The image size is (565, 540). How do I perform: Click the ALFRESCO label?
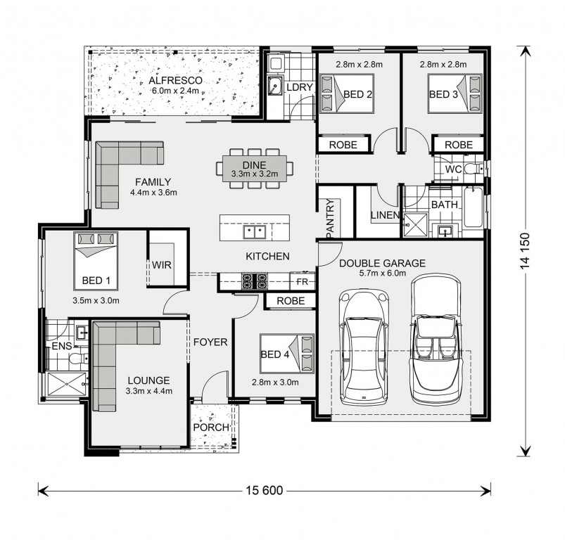(x=175, y=81)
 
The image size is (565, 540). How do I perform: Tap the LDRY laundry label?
(x=298, y=86)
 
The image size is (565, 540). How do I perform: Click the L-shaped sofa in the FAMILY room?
(x=120, y=169)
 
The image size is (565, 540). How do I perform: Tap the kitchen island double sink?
(x=254, y=231)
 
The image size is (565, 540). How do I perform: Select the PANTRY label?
(x=329, y=219)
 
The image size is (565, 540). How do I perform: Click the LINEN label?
(x=385, y=215)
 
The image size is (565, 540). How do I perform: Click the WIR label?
(x=163, y=265)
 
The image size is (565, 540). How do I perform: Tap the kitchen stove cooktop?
(x=255, y=281)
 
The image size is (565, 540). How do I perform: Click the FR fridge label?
(x=303, y=281)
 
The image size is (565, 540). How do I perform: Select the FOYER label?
(x=210, y=342)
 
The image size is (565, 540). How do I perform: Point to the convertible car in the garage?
(x=436, y=342)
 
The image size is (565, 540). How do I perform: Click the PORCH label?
(x=210, y=427)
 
